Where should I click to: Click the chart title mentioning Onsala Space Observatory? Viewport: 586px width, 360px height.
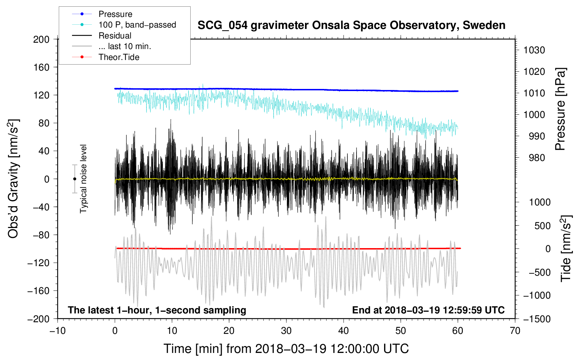tap(351, 25)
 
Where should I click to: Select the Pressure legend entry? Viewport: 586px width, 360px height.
tap(115, 14)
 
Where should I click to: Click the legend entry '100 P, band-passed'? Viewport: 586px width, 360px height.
tap(137, 25)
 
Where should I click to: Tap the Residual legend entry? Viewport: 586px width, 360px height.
tap(115, 36)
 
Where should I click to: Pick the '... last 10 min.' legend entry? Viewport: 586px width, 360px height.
tap(125, 46)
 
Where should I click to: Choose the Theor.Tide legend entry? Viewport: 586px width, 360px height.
tap(119, 57)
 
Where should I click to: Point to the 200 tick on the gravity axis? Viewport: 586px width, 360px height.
tap(41, 39)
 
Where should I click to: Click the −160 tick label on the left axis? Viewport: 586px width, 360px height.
tap(39, 291)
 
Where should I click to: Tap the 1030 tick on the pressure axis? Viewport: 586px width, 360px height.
tap(534, 50)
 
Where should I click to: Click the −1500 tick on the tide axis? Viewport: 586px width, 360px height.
tap(537, 319)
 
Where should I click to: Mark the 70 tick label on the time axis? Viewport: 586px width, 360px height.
tap(515, 331)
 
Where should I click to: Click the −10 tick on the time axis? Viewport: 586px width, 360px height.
tap(58, 331)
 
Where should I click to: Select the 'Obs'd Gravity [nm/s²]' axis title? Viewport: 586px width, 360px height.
tap(13, 179)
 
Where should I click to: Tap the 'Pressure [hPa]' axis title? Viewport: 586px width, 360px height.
tap(560, 109)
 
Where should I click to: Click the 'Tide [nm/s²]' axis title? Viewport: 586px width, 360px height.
tap(566, 248)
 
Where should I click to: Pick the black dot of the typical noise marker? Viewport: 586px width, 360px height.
tap(74, 179)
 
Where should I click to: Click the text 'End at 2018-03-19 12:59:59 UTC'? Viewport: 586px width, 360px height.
tap(428, 310)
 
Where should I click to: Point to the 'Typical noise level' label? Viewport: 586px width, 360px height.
tap(83, 179)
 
